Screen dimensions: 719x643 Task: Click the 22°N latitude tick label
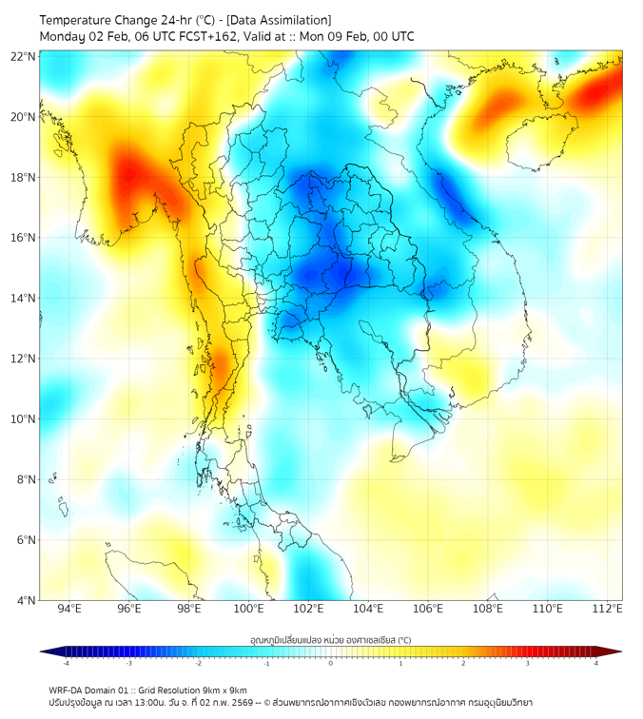pyautogui.click(x=24, y=57)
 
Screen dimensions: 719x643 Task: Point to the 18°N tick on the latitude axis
pyautogui.click(x=24, y=178)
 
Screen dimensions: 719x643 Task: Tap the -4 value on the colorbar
pyautogui.click(x=65, y=663)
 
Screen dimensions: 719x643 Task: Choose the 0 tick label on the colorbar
pyautogui.click(x=331, y=663)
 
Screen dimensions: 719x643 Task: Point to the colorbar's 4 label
pyautogui.click(x=596, y=663)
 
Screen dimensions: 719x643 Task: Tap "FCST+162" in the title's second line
pyautogui.click(x=198, y=37)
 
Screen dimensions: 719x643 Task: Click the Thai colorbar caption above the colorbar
pyautogui.click(x=330, y=639)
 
